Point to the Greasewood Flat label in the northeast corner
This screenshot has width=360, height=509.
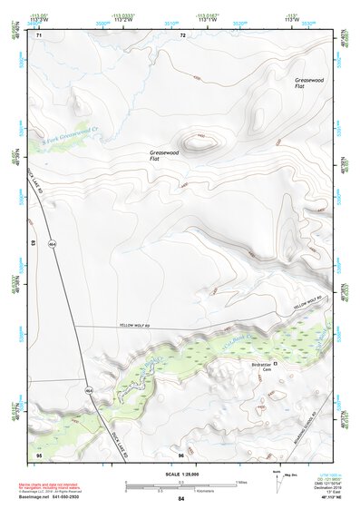pyautogui.click(x=308, y=83)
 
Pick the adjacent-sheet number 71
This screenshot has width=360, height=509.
pyautogui.click(x=38, y=35)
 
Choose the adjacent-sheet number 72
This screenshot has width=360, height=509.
pyautogui.click(x=182, y=35)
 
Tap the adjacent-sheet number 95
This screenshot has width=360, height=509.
pyautogui.click(x=38, y=453)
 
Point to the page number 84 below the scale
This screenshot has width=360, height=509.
pyautogui.click(x=181, y=500)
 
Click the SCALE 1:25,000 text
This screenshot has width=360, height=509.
pyautogui.click(x=180, y=473)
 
